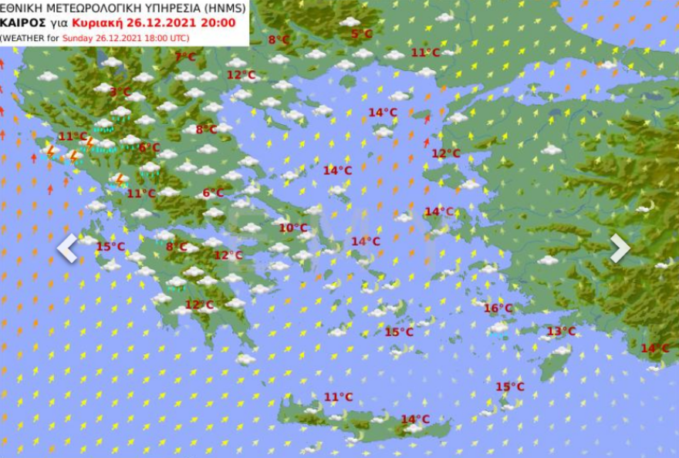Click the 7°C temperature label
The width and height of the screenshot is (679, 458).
(184, 56)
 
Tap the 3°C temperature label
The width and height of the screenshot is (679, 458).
(120, 92)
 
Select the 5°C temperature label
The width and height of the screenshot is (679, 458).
(361, 34)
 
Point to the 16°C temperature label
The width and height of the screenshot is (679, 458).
(498, 308)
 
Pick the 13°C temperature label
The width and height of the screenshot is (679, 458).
(561, 332)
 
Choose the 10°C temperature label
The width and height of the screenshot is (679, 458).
(292, 227)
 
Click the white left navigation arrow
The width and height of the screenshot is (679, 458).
(68, 248)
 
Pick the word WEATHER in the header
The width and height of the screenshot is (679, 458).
(22, 37)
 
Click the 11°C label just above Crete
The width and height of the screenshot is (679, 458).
(337, 397)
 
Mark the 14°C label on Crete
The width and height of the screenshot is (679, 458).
(414, 419)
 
